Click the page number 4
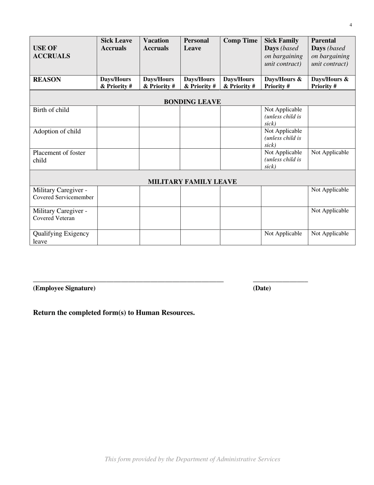tap(350, 25)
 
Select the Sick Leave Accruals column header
tap(116, 45)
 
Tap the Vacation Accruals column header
tap(156, 45)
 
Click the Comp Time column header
tap(240, 41)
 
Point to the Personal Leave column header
tap(196, 45)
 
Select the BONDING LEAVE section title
tap(192, 102)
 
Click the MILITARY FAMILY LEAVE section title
tap(192, 182)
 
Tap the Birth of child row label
tap(51, 110)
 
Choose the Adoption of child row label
tap(57, 132)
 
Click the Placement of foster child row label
tap(59, 157)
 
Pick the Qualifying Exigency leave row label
tap(61, 237)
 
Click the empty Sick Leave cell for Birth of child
tap(118, 116)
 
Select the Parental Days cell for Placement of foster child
tap(330, 153)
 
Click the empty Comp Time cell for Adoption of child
tap(240, 137)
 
